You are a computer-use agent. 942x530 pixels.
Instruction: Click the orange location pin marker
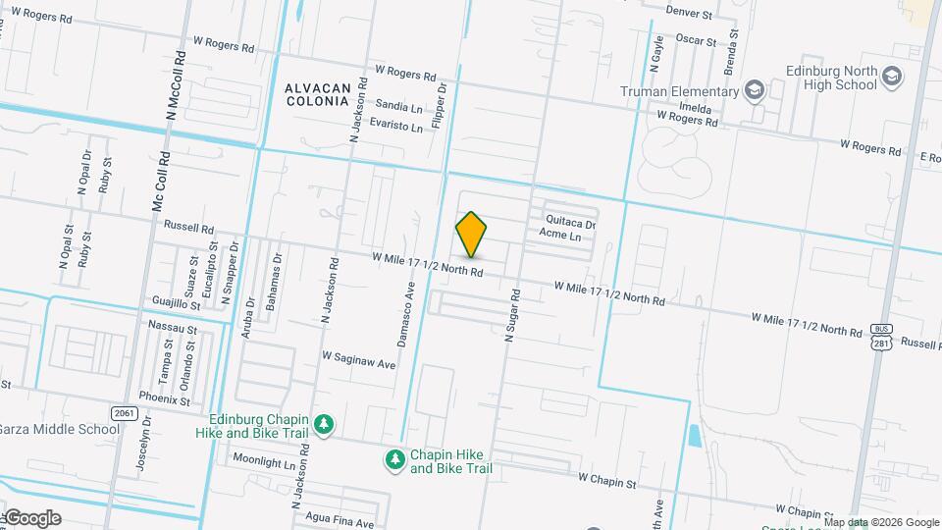(x=472, y=234)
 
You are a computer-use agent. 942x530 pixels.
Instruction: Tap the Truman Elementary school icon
(x=754, y=91)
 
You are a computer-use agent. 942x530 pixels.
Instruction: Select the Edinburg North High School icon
(x=892, y=78)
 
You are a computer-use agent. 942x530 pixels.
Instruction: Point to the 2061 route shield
(x=123, y=413)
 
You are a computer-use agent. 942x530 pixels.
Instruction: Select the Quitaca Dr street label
(x=571, y=224)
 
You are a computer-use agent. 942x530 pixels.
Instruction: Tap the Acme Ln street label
(x=560, y=237)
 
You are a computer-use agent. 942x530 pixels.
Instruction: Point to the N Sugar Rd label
(x=510, y=316)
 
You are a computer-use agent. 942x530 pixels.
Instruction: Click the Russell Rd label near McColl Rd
(x=188, y=226)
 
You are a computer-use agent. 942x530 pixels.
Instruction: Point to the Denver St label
(x=688, y=13)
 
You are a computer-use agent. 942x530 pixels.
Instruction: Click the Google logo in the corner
(x=32, y=517)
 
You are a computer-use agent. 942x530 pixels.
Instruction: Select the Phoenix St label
(x=165, y=399)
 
